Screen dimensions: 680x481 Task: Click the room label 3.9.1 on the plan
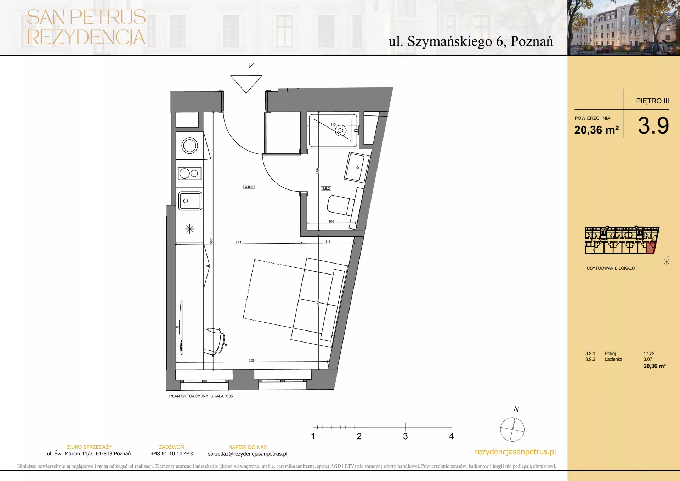[x=249, y=187]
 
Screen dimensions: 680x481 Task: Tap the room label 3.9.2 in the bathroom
[x=326, y=188]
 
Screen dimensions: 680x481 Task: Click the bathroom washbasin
[x=356, y=167]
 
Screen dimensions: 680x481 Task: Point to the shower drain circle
[x=341, y=130]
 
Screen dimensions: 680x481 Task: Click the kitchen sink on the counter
[x=190, y=201]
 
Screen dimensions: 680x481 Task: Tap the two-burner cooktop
[x=190, y=174]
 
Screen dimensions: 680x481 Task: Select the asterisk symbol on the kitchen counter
[x=190, y=229]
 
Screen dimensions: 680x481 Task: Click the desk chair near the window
[x=215, y=341]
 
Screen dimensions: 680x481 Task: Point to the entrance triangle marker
[x=246, y=84]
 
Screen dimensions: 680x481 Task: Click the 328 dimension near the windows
[x=251, y=360]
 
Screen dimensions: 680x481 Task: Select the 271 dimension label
[x=238, y=242]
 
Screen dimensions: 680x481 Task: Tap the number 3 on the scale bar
[x=405, y=436]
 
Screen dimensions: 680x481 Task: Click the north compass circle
[x=512, y=429]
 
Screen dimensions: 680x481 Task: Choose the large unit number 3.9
[x=653, y=125]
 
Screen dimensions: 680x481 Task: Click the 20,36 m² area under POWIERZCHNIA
[x=596, y=130]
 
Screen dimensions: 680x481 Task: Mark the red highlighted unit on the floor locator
[x=651, y=248]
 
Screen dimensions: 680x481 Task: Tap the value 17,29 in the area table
[x=649, y=353]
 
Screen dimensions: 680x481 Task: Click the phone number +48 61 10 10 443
[x=172, y=454]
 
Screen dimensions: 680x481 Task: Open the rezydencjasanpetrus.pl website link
[x=515, y=452]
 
